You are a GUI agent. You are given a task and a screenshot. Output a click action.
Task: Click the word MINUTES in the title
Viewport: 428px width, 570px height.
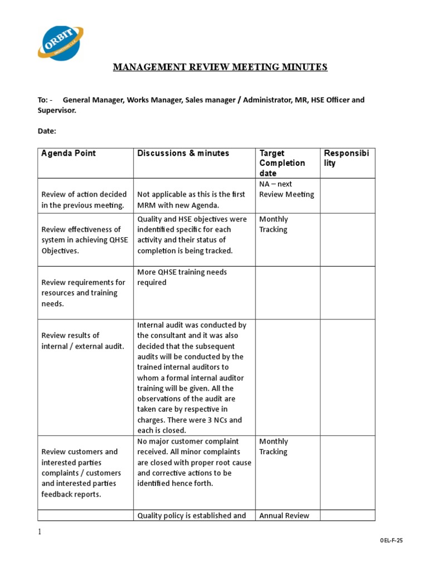tap(306, 67)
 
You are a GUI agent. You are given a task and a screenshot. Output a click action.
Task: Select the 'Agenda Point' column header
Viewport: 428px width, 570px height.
tap(69, 153)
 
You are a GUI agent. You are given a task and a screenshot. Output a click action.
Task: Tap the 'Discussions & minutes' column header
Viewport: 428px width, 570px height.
tap(183, 153)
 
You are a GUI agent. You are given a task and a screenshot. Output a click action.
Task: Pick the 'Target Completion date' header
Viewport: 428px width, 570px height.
tap(282, 163)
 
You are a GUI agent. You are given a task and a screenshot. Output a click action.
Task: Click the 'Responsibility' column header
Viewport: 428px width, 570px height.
tap(346, 158)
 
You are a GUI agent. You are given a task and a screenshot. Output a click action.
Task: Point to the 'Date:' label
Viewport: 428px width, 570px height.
tap(47, 131)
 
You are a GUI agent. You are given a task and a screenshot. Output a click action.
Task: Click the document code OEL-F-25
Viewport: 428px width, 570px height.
tap(391, 540)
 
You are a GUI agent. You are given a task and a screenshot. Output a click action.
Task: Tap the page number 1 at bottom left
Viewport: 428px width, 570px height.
tap(40, 532)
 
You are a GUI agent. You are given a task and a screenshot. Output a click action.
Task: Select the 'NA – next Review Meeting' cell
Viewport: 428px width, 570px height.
tap(286, 189)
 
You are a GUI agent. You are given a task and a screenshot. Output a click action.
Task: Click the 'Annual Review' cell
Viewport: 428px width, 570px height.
tap(285, 515)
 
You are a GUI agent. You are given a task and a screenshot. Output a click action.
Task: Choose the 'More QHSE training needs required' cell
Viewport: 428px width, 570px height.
tap(182, 277)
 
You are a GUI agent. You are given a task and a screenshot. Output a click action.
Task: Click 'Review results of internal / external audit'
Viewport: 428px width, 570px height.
tap(82, 341)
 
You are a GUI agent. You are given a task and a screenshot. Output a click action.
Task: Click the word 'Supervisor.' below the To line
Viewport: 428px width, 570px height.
tap(57, 110)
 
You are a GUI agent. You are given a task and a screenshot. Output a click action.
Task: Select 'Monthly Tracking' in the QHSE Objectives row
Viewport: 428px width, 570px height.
tap(273, 224)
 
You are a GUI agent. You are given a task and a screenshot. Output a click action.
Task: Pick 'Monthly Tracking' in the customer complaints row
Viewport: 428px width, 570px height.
tap(273, 446)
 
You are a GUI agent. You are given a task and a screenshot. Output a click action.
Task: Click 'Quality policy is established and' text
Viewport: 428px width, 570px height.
tap(192, 515)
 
